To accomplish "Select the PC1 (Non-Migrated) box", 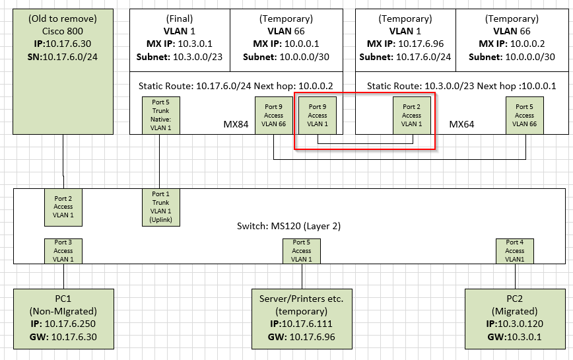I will tap(63, 317).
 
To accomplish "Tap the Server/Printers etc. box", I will tap(301, 317).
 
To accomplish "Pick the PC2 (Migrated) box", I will tap(515, 317).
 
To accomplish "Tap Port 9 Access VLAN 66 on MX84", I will tap(273, 115).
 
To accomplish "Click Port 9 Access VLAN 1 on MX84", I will tap(318, 115).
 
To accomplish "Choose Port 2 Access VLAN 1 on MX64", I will tap(411, 115).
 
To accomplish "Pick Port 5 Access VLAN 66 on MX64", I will tap(525, 115).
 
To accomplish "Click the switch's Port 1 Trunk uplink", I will tap(160, 207).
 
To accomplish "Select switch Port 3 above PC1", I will tap(63, 251).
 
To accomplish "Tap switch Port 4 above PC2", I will tap(515, 251).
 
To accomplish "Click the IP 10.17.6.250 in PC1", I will tap(63, 324).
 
